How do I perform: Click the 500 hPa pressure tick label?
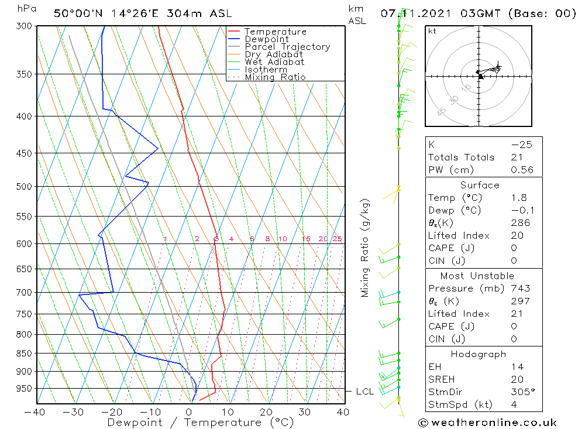point(24,187)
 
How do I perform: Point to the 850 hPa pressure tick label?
point(24,354)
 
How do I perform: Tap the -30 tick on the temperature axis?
point(74,412)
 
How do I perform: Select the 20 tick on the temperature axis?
point(266,412)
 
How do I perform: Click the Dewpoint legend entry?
point(266,39)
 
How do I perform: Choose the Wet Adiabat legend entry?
point(274,62)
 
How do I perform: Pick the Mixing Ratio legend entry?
point(275,77)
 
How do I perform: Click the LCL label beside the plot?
point(365,391)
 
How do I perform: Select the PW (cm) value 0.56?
point(522,170)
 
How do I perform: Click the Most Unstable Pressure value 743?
point(520,289)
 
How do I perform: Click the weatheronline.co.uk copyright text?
point(487,423)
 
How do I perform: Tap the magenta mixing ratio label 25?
point(337,239)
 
